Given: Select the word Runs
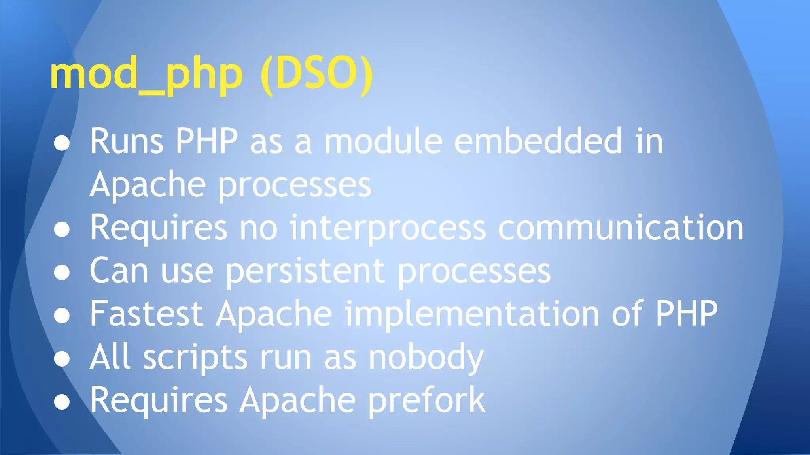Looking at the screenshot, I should (126, 141).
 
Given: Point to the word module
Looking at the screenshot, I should (383, 141).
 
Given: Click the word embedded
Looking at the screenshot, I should (538, 141).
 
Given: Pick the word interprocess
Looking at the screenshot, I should (388, 228).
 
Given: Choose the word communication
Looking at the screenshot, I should (621, 228).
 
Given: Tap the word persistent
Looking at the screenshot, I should (305, 271).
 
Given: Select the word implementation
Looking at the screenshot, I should (472, 315).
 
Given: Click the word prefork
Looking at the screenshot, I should (427, 400).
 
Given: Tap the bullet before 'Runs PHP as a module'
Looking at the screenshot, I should (62, 143).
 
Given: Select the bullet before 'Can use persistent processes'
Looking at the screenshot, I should (62, 273).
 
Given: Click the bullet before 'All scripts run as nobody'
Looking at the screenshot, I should (62, 359).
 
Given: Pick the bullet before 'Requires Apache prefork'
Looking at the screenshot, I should (62, 402).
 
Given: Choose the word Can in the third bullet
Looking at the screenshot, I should (119, 271).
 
